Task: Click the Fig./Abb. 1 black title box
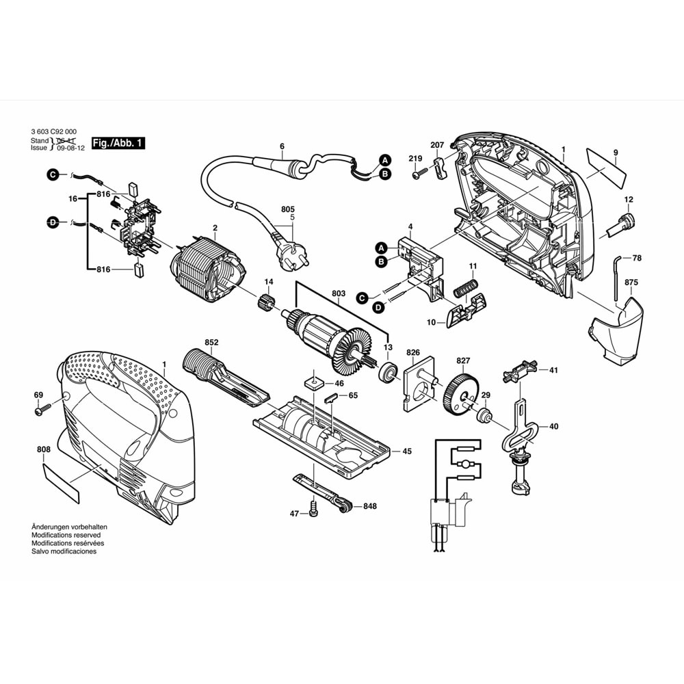tap(118, 144)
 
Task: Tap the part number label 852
tap(211, 342)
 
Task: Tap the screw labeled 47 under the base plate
tap(314, 510)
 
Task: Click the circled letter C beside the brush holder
tap(53, 176)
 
